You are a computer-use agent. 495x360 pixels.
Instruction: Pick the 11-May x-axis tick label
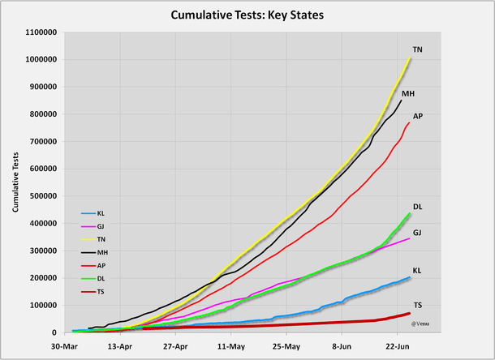[231, 344]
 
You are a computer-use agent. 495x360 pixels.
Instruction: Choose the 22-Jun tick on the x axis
[398, 344]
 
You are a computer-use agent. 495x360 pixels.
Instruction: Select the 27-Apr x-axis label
[176, 344]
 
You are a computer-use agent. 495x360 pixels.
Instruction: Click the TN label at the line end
[417, 50]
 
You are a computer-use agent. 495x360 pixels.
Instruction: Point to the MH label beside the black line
[408, 94]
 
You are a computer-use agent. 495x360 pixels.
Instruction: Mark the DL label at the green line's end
[417, 208]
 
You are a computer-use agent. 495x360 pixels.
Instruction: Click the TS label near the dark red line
[417, 306]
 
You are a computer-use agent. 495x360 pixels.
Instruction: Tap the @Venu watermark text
[420, 323]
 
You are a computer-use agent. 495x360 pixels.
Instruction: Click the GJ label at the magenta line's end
[417, 233]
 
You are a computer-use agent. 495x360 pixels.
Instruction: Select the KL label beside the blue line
[417, 270]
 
